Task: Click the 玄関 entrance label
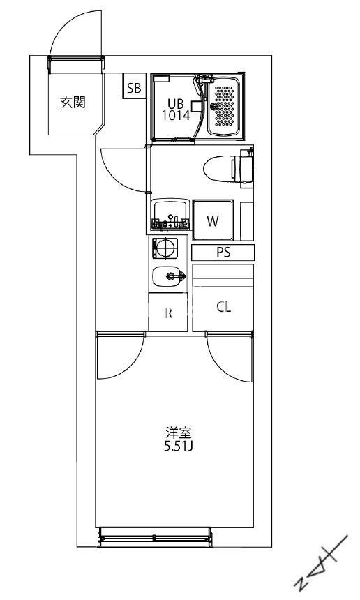point(72,103)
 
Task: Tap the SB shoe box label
point(133,88)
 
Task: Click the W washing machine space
point(213,222)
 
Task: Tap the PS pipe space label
point(223,253)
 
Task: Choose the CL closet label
point(223,307)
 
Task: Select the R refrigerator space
point(168,313)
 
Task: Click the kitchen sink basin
point(169,277)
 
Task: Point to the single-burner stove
point(166,248)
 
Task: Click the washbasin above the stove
point(170,212)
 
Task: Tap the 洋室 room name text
point(174,431)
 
